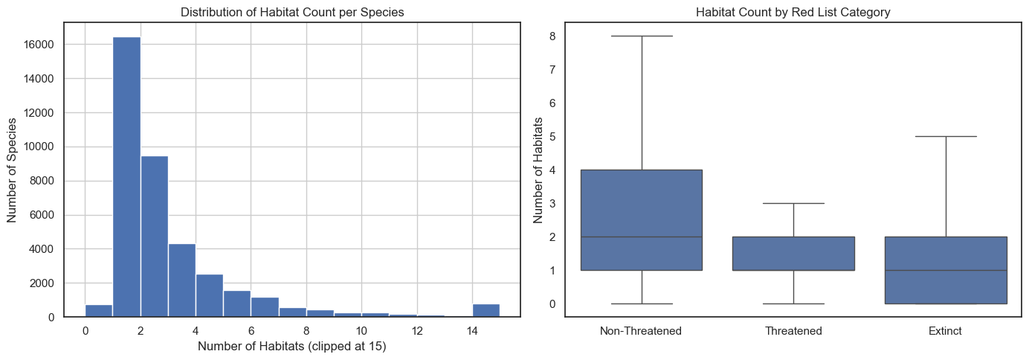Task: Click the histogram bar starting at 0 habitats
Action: [99, 311]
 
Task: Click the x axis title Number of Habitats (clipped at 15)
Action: [291, 347]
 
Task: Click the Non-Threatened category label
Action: [641, 331]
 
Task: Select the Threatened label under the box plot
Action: [793, 331]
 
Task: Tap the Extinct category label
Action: [945, 331]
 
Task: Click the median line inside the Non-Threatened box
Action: [641, 237]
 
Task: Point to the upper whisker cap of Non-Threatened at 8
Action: [641, 36]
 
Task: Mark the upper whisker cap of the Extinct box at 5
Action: [945, 136]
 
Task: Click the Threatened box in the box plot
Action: [793, 254]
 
